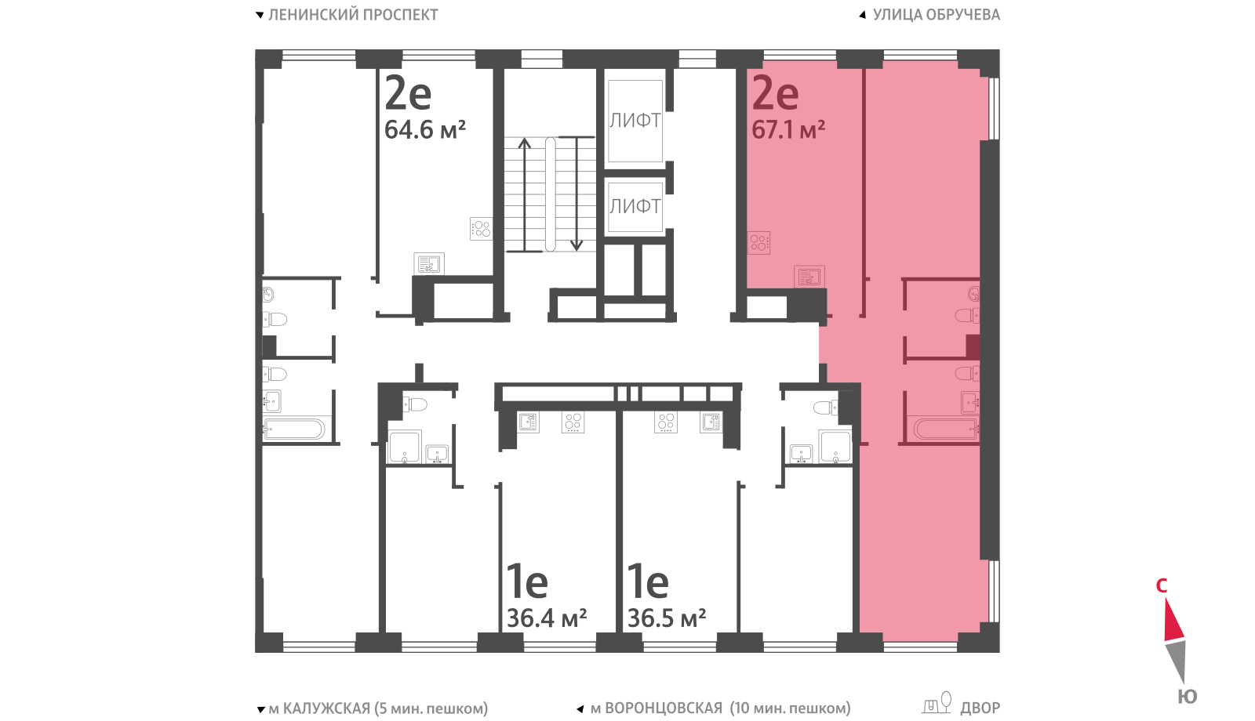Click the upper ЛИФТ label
[635, 121]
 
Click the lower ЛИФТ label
[635, 207]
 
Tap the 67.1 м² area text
[788, 130]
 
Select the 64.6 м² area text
[424, 130]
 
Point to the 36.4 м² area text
[547, 618]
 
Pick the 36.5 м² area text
[667, 618]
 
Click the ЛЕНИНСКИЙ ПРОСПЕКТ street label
[353, 15]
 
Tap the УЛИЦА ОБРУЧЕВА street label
[937, 15]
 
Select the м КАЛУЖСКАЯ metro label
[319, 708]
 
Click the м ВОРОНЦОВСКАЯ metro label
[657, 708]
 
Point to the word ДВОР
[980, 708]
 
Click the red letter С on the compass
[1162, 585]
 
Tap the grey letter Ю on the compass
[1188, 697]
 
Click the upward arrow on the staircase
[525, 195]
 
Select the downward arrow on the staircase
[577, 194]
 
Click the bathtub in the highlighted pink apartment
[944, 429]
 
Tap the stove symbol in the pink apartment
[758, 243]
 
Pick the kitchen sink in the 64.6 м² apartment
[429, 263]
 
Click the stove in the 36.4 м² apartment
[573, 422]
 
